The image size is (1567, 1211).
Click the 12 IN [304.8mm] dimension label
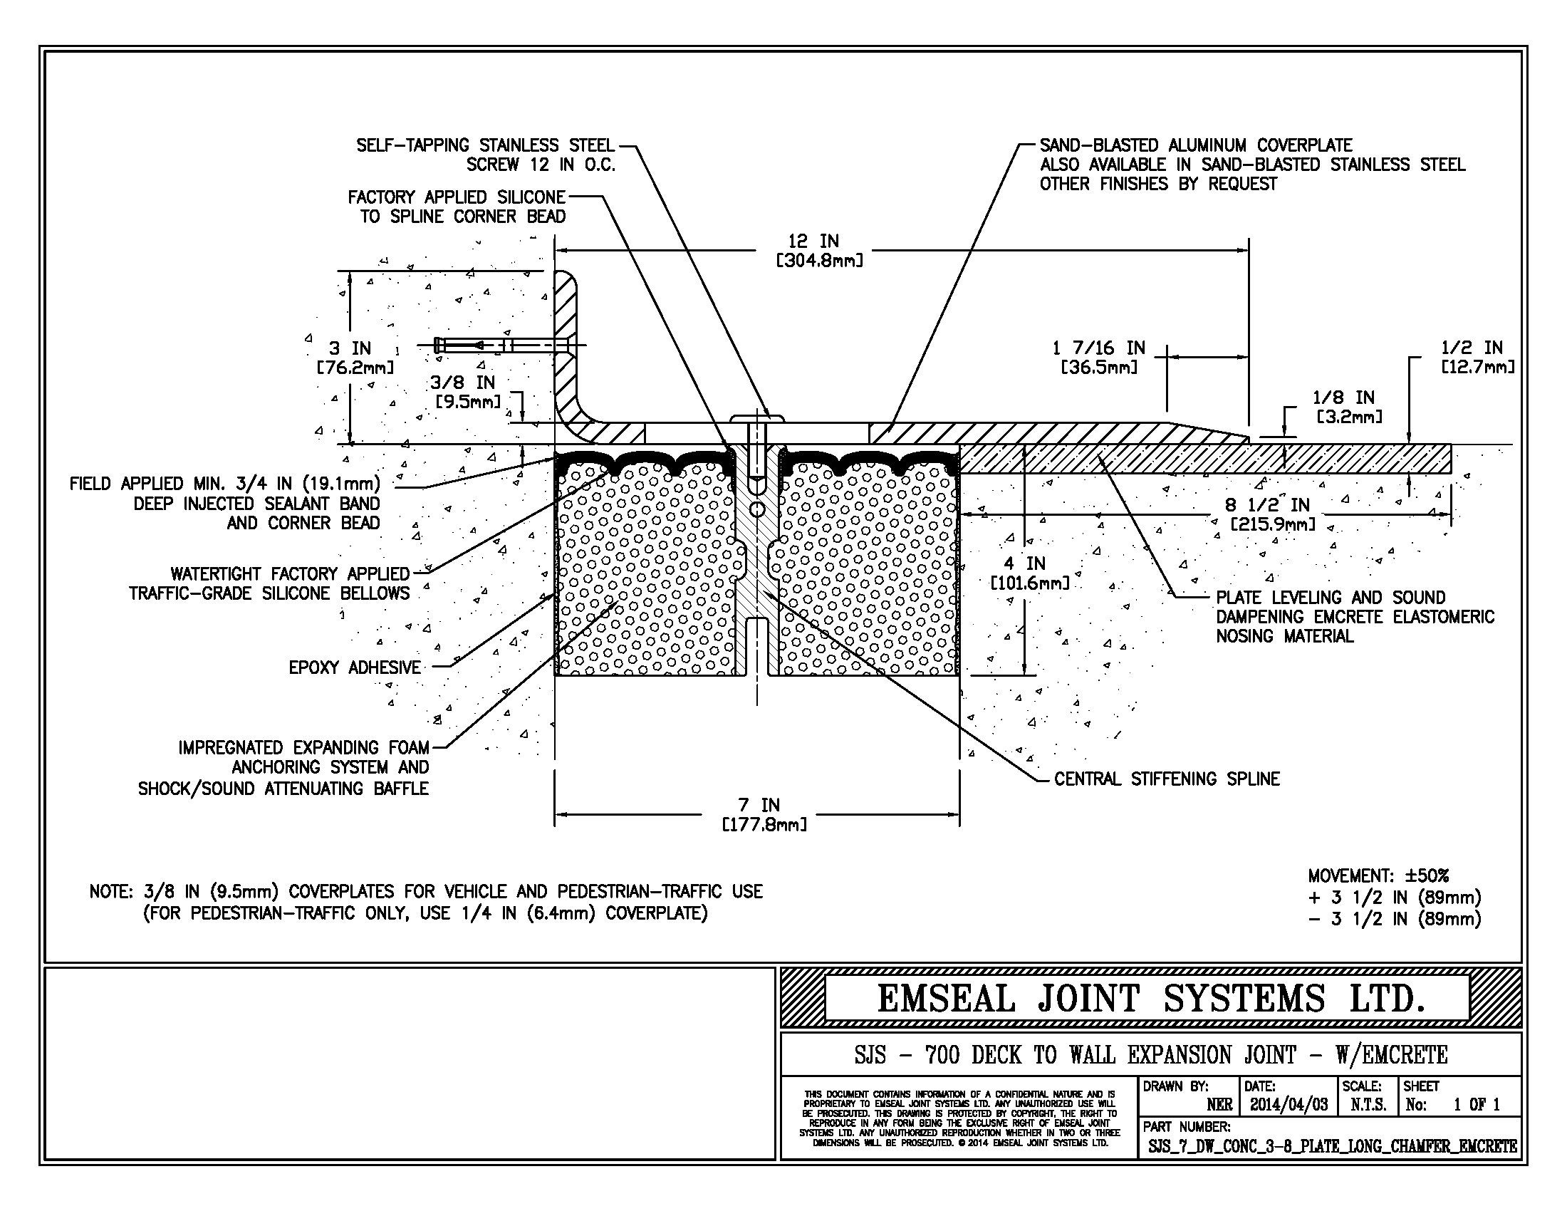coord(818,250)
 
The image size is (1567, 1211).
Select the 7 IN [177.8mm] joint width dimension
coord(765,815)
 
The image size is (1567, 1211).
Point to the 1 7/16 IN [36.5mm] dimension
coord(1098,358)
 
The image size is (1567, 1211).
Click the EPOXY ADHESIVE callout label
coord(355,668)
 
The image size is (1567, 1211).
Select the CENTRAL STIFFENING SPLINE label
coord(1167,779)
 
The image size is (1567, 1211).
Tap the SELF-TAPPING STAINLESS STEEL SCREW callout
coord(486,155)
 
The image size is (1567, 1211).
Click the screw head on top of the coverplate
coord(757,417)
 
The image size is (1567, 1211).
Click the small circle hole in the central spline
coord(757,509)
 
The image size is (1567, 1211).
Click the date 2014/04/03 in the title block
coord(1289,1105)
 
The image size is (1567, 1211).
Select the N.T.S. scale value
coord(1368,1105)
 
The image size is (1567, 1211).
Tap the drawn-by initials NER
coord(1219,1105)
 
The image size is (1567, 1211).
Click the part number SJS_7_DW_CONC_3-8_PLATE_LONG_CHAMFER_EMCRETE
coord(1333,1146)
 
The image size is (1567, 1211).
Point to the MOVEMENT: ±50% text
coord(1378,876)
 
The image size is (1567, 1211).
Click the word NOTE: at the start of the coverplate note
coord(110,892)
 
